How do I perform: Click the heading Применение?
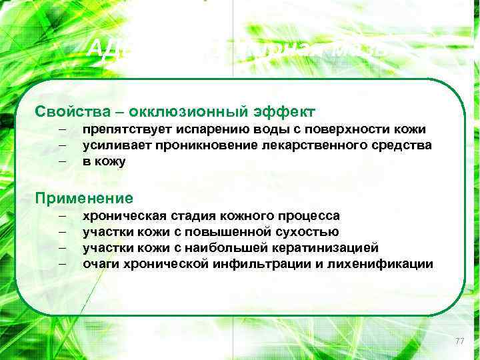click(84, 198)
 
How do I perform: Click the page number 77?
click(459, 341)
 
